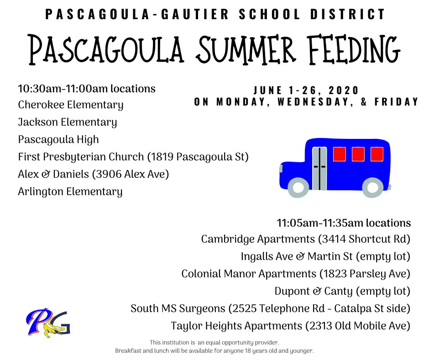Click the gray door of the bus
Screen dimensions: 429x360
tap(319, 169)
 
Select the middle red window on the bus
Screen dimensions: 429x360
tap(358, 154)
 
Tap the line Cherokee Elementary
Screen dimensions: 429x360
tap(71, 105)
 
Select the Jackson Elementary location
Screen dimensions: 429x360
tap(67, 122)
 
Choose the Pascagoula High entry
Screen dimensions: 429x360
tap(58, 139)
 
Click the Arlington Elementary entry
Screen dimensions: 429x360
tap(70, 191)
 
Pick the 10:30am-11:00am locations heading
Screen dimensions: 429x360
tap(86, 89)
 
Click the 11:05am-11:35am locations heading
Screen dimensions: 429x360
tap(344, 223)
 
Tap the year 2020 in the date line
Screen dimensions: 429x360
tap(344, 90)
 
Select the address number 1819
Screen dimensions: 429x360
tap(162, 157)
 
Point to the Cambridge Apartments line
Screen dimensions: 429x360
tap(306, 239)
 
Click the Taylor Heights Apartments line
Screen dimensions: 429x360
tap(291, 326)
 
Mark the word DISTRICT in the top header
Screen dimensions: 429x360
tap(348, 15)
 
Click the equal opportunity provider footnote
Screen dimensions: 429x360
tap(214, 343)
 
